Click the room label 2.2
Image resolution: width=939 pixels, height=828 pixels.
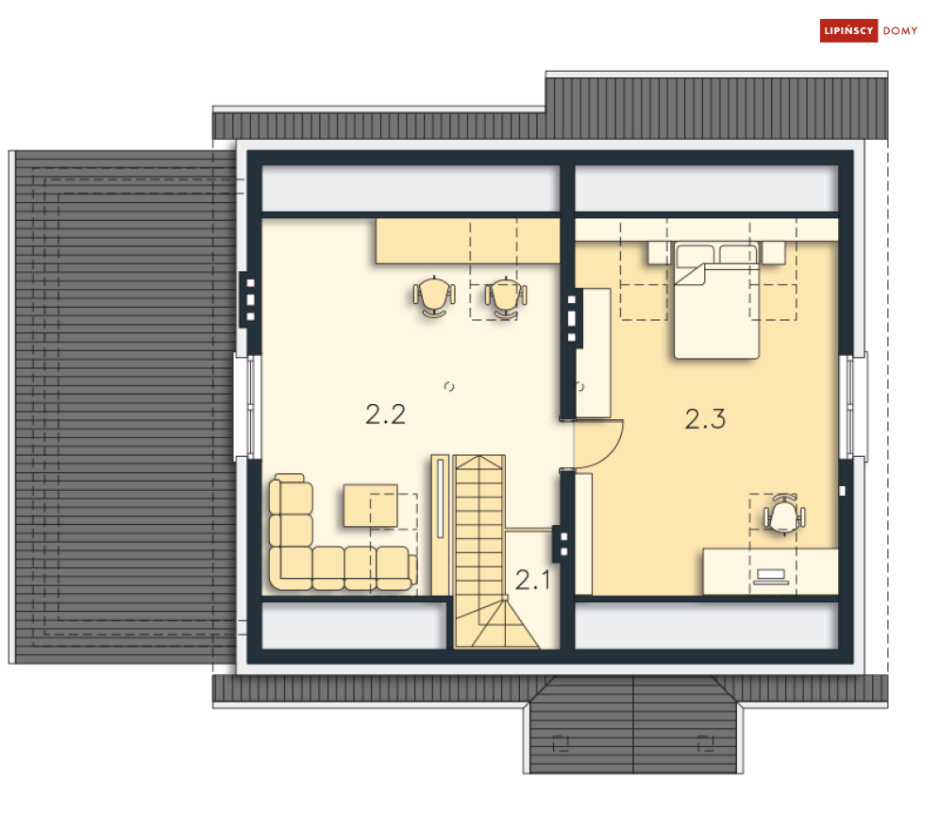click(x=386, y=414)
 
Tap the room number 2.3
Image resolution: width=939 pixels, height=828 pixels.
click(x=705, y=419)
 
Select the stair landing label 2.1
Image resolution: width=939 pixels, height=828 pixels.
click(x=532, y=580)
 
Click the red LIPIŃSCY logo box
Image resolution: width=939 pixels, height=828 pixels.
click(x=848, y=30)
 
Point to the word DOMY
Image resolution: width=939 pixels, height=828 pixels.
click(x=900, y=31)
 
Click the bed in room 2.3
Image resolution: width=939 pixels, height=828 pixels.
click(x=716, y=300)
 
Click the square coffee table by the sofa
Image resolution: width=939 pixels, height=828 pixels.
click(x=370, y=506)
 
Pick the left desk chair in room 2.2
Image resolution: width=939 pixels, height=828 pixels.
click(x=434, y=296)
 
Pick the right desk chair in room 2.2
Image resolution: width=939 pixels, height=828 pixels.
click(x=506, y=296)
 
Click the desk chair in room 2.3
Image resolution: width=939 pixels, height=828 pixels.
click(x=784, y=514)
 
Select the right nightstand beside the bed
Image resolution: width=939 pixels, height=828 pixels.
click(x=773, y=252)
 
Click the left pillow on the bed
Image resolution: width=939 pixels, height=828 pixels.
click(x=695, y=256)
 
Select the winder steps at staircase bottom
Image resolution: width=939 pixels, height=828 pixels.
click(x=497, y=624)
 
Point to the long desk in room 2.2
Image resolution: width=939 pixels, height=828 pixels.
click(x=468, y=241)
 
